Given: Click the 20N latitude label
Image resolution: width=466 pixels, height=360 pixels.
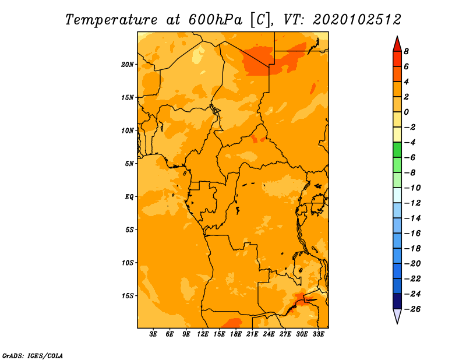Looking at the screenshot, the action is click(127, 65).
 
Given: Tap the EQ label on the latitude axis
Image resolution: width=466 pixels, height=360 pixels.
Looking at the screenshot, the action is click(129, 197).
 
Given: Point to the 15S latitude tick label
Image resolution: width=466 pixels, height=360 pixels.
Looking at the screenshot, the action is click(128, 296).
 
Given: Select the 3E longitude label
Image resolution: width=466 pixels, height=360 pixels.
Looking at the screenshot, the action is click(153, 334).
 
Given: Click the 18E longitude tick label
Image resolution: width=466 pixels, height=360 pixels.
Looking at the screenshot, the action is click(236, 334).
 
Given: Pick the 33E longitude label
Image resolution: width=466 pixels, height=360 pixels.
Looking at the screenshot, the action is click(318, 334).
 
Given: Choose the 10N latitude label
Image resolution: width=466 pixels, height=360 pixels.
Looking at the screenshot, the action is click(127, 130).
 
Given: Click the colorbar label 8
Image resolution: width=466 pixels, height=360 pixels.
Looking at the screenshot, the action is click(406, 51).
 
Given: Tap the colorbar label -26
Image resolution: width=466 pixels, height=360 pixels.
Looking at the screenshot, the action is click(412, 309).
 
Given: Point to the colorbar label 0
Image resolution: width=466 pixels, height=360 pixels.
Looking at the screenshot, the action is click(406, 112).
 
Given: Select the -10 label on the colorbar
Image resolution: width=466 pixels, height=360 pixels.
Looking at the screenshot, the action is click(412, 188).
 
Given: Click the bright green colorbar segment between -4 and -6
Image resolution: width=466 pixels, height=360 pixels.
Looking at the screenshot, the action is click(397, 150).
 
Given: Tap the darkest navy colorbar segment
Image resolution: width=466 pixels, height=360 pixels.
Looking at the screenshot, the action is click(397, 301).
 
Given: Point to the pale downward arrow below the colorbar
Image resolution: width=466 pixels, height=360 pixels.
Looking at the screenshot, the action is click(397, 316).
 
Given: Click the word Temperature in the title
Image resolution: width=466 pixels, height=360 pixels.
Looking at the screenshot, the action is click(111, 20).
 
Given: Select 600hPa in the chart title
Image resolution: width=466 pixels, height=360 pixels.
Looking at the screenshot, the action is click(215, 20).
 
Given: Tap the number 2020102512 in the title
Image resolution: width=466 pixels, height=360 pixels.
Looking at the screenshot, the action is click(357, 20).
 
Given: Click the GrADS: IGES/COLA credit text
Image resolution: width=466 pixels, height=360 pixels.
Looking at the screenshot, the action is click(33, 356).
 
